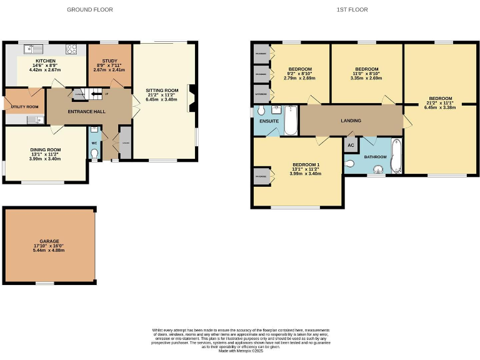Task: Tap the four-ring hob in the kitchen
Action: [x=72, y=49]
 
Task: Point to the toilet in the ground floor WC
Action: [x=94, y=152]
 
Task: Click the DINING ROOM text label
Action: [x=45, y=150]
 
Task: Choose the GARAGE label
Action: [x=49, y=241]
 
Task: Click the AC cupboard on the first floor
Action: [x=350, y=145]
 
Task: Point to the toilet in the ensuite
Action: [x=261, y=111]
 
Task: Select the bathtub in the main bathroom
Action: [x=395, y=156]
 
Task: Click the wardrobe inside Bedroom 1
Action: [x=260, y=177]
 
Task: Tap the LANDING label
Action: [x=351, y=121]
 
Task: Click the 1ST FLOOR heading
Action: [x=352, y=9]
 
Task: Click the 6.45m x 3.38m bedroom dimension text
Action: [x=440, y=107]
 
